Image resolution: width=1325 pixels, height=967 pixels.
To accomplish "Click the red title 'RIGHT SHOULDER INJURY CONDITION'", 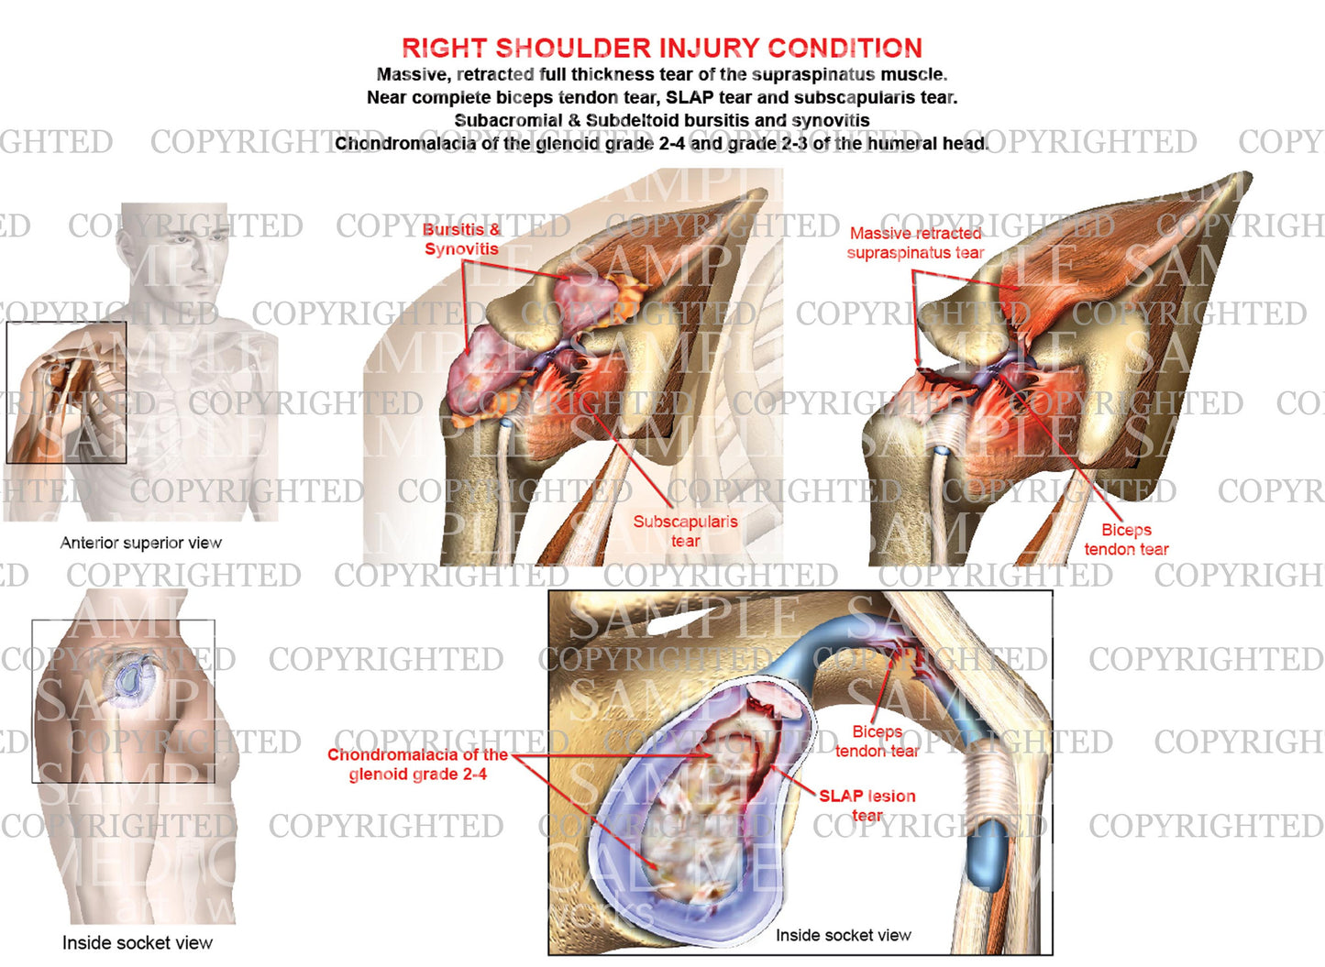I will point(662,48).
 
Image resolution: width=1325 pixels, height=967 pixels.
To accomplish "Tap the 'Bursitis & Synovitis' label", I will point(461,239).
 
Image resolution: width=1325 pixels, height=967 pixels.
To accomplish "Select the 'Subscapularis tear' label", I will point(685,531).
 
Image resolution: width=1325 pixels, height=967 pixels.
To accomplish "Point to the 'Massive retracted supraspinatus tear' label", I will point(915,243).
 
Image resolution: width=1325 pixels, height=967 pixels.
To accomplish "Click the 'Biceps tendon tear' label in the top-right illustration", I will point(1126,539).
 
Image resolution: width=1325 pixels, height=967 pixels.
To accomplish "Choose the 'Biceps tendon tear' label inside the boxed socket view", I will point(877,741).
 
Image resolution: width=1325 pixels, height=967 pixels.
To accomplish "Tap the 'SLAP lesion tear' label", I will point(867,805).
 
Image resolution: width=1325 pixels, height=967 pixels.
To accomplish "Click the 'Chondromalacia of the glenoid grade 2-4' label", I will point(417,764).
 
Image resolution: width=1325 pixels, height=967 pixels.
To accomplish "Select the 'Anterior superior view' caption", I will point(141,543).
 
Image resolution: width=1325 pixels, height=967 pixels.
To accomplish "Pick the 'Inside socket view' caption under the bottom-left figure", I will point(138,942).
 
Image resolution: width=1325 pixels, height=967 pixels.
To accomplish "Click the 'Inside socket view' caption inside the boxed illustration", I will point(844,935).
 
